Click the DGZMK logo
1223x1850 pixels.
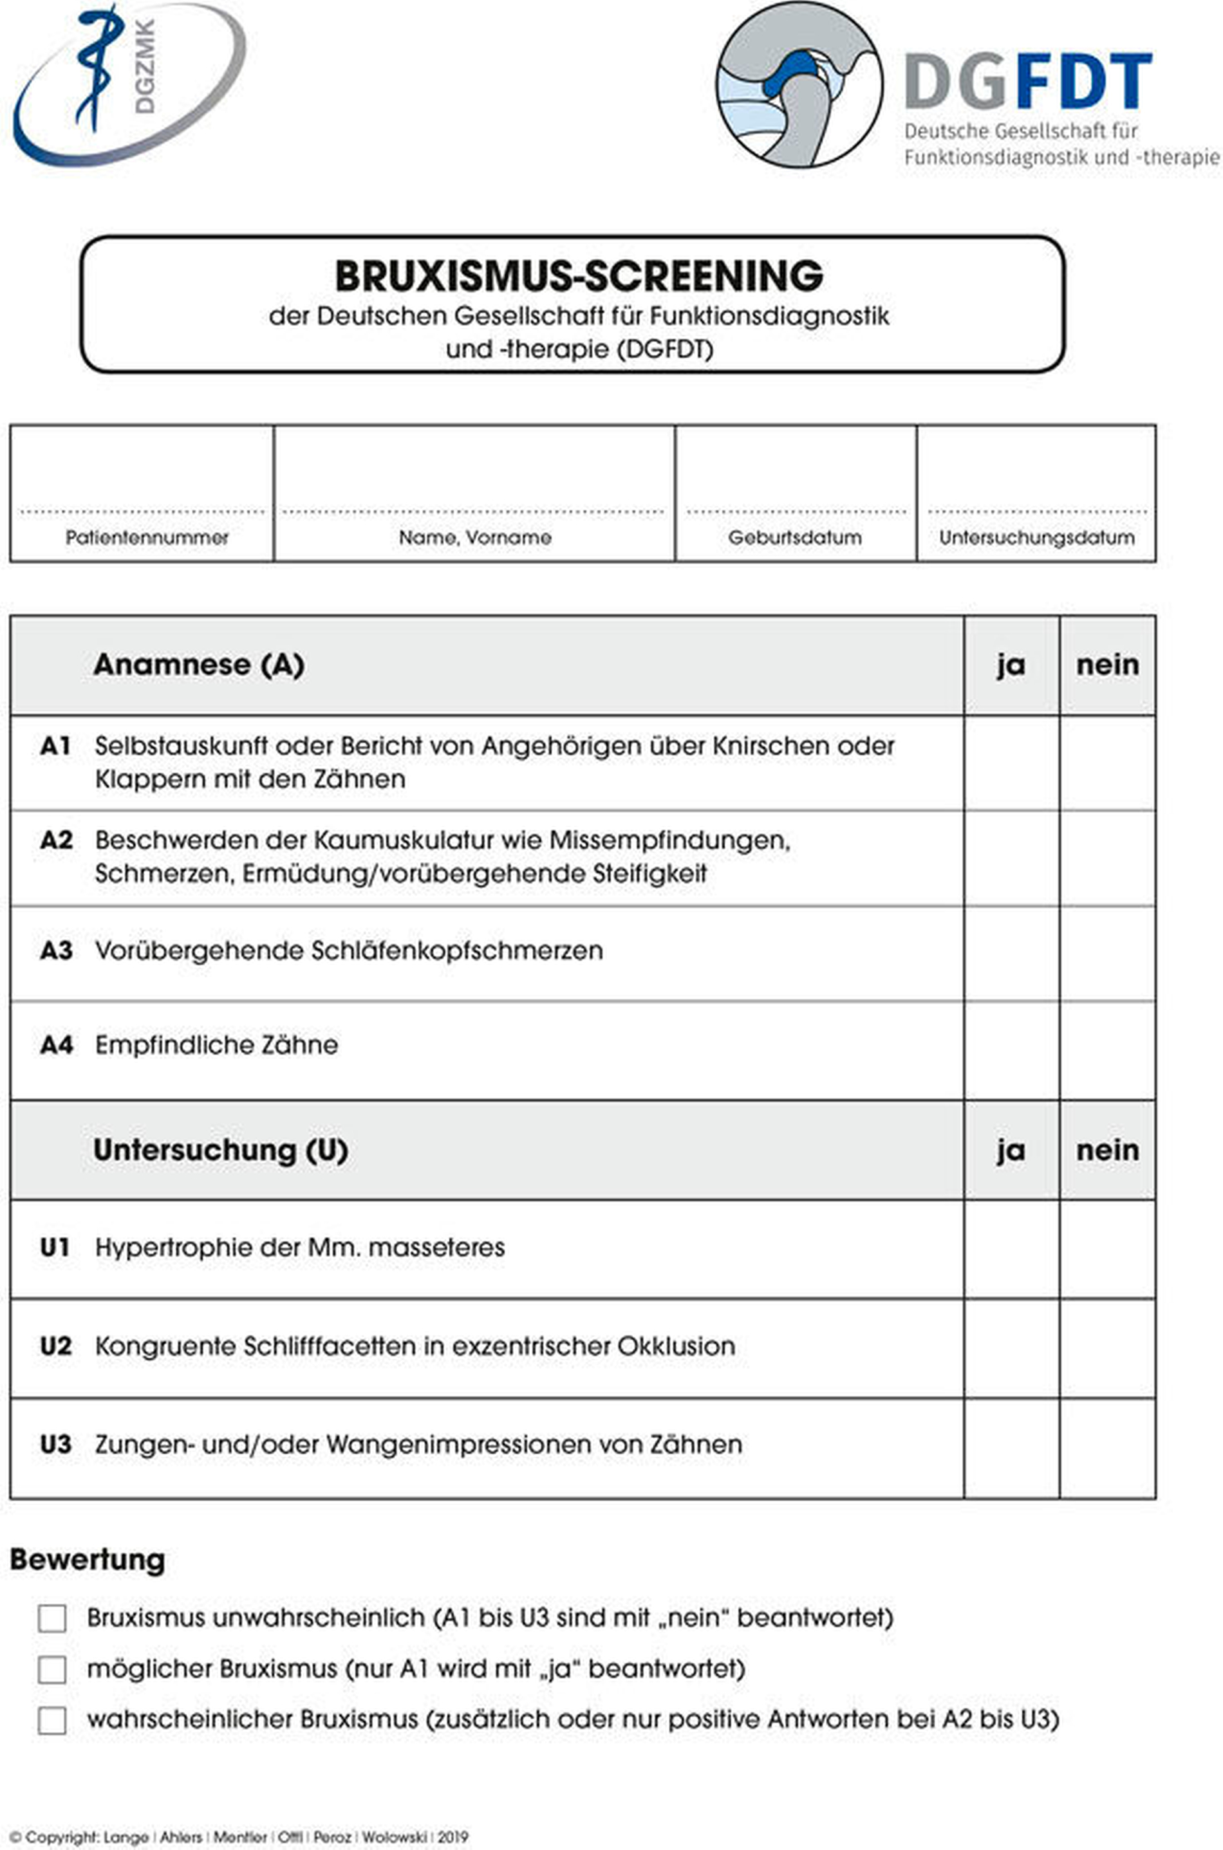point(129,84)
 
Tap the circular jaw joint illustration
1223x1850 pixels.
point(799,84)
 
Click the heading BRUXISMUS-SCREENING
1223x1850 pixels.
point(579,275)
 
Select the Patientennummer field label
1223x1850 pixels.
point(147,537)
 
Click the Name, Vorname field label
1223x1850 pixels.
point(475,537)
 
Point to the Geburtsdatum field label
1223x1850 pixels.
point(795,537)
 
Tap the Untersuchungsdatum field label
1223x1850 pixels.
point(1036,537)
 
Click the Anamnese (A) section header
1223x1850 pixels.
point(198,665)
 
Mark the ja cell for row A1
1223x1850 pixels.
point(1011,763)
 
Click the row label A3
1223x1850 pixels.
point(56,951)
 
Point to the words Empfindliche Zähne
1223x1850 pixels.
point(217,1044)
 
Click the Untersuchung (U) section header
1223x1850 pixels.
point(221,1150)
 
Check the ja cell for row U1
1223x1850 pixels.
point(1011,1248)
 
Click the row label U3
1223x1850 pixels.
point(56,1445)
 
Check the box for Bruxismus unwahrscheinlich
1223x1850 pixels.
point(52,1618)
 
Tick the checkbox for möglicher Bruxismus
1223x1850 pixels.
point(52,1669)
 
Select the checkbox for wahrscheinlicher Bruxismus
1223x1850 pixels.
point(52,1720)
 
